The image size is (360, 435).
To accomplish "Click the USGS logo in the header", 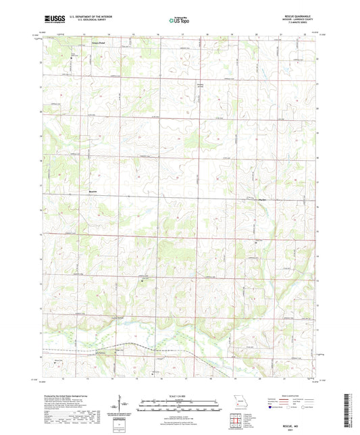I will point(50,21).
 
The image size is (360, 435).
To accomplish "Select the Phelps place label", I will point(264,199).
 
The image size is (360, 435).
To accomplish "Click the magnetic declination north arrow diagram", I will point(120,406).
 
